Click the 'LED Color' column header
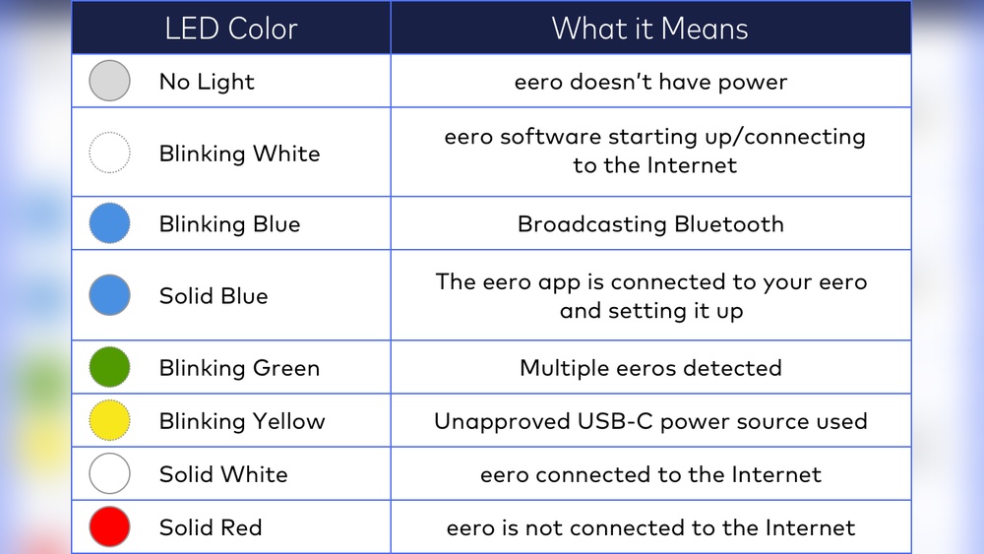coord(231,29)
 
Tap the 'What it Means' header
coord(649,29)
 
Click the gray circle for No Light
coord(109,81)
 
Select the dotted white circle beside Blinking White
coord(109,153)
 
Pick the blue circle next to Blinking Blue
coord(109,223)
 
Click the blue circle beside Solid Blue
coord(109,295)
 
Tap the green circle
coord(109,367)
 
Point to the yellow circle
coord(109,420)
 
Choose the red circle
coord(109,526)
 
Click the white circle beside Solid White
coord(109,473)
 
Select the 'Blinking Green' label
coord(239,368)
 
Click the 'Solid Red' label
coord(211,527)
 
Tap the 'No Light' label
coord(207,82)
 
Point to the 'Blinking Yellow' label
coord(242,421)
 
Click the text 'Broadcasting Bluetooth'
coord(650,224)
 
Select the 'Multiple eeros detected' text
coord(650,368)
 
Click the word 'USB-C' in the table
coord(615,422)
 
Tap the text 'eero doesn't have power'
coord(650,82)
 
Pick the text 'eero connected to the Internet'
coord(650,474)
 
